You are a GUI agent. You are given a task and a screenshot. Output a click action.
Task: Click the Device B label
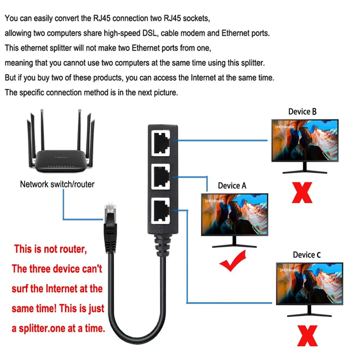tap(302, 112)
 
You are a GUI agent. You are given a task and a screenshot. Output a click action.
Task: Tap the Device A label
tap(232, 186)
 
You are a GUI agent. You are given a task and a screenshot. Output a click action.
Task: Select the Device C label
tap(307, 255)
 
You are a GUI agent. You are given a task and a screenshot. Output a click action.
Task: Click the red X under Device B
tap(302, 193)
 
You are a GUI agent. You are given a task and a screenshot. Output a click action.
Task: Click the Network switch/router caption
tap(57, 184)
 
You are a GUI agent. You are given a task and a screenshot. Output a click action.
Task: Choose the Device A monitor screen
tap(234, 215)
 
